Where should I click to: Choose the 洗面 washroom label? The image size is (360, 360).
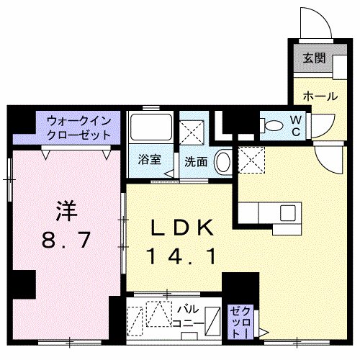pyautogui.click(x=195, y=162)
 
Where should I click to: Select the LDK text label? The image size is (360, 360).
pyautogui.click(x=181, y=230)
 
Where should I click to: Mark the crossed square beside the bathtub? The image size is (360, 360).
pyautogui.click(x=192, y=132)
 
